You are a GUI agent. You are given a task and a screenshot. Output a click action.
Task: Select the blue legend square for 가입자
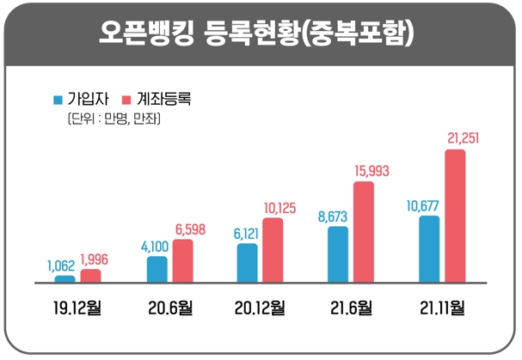tap(58, 99)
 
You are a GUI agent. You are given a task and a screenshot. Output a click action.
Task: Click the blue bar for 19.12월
tap(64, 278)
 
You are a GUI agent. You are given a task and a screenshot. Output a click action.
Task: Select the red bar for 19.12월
tap(90, 275)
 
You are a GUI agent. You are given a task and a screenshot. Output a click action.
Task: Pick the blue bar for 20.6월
tap(157, 268)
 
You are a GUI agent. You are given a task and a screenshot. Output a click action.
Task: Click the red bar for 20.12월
tap(273, 250)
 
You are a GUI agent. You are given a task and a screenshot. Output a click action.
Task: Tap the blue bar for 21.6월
tap(337, 254)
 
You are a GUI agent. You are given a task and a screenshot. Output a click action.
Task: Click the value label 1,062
tap(62, 265)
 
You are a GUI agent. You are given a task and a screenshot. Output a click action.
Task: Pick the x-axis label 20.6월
tap(170, 307)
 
